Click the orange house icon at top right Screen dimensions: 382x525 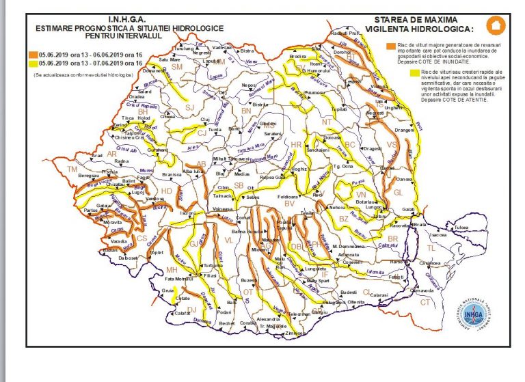(494, 25)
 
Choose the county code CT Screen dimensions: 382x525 (425, 301)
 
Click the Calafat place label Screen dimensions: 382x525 (183, 313)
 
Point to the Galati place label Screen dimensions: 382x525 (409, 208)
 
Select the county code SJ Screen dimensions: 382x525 (189, 108)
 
